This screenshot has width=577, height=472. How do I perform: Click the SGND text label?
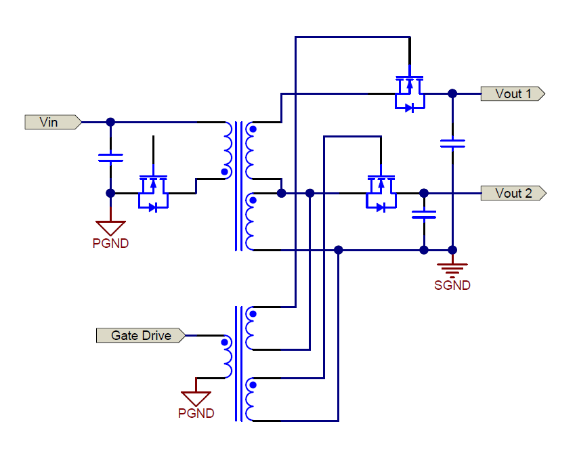pos(452,286)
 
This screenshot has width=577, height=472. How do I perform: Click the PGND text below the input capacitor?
pos(110,244)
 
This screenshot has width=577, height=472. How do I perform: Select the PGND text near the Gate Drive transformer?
pos(196,414)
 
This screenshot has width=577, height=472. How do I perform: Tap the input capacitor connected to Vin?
pos(110,158)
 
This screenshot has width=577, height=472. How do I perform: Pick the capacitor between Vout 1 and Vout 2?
pos(452,143)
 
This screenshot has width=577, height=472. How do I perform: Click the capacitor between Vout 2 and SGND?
pos(424,215)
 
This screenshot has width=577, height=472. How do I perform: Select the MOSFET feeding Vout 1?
pos(409,93)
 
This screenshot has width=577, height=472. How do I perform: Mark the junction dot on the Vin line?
pos(110,123)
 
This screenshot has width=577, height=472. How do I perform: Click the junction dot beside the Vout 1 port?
pos(452,94)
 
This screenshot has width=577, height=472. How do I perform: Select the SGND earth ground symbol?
pos(452,267)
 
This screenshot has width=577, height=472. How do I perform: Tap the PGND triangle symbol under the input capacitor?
pos(110,227)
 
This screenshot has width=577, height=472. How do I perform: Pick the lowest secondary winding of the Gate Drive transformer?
pos(251,400)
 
